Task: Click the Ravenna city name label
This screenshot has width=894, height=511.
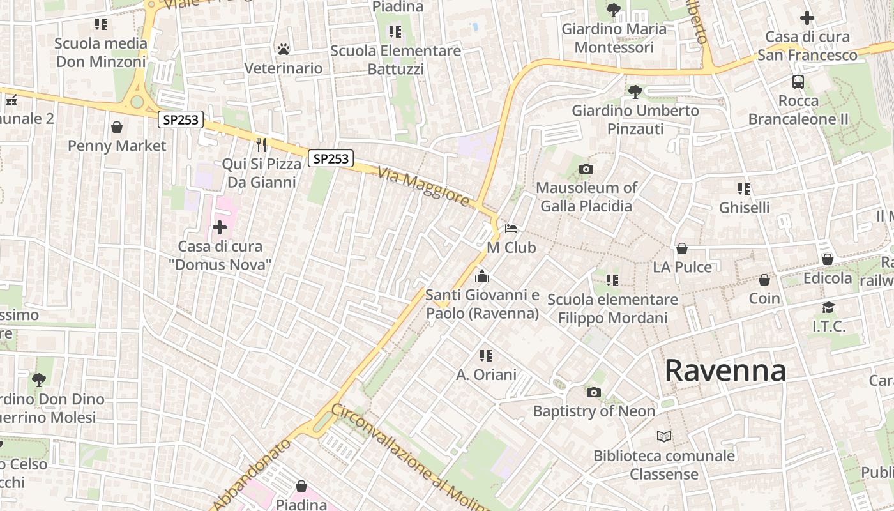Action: (725, 370)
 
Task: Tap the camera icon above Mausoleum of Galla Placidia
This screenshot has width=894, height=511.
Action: (586, 169)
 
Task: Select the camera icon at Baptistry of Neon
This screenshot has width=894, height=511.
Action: (593, 392)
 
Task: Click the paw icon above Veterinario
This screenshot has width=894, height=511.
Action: (284, 49)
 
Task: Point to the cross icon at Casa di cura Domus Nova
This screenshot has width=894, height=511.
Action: (220, 227)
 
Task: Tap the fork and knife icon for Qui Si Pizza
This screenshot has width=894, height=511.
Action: (261, 145)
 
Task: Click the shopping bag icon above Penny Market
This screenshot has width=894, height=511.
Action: (117, 127)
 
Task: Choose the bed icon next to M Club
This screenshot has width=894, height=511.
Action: (511, 228)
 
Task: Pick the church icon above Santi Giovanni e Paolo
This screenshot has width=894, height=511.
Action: (482, 276)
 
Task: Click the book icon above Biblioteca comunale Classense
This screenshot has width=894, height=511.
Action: (664, 437)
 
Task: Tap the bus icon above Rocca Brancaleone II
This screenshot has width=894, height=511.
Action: (798, 82)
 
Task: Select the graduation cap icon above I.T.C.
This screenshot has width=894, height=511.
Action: (828, 307)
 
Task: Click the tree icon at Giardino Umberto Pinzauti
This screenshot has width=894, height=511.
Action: (635, 92)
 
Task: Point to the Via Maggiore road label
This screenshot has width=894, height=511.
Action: (423, 186)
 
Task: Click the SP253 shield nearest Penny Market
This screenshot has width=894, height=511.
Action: (181, 119)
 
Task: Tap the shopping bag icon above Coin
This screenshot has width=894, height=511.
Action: (764, 280)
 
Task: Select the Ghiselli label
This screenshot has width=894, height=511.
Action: (744, 208)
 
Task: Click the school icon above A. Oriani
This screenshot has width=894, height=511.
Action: (486, 355)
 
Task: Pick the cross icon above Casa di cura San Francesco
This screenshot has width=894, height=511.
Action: (807, 18)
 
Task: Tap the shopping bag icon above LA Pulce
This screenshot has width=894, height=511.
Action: (682, 248)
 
